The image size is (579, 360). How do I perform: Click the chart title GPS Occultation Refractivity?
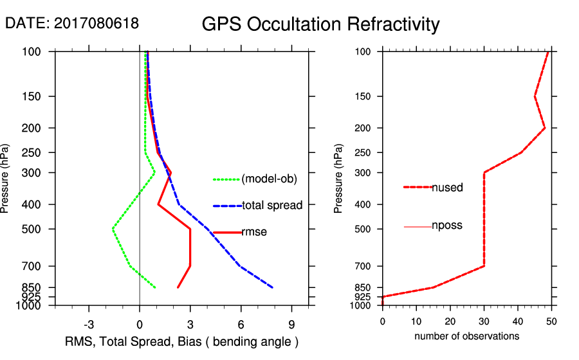point(320,24)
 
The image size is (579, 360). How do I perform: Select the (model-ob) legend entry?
point(269,179)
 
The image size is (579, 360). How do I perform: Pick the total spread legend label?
point(272,206)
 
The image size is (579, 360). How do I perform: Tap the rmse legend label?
point(254,232)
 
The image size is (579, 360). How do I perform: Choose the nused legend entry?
point(447,187)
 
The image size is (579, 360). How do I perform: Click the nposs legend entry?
point(447,226)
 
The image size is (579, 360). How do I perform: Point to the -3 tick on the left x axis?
point(89,323)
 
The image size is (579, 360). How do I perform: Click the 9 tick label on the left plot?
point(291,323)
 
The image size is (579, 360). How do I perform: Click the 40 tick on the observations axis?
point(518,321)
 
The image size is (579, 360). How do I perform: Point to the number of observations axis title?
point(466,336)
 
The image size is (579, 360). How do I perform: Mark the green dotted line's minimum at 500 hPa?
point(113,228)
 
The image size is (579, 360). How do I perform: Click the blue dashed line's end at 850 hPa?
point(273,287)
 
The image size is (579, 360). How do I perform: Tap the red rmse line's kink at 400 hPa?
point(158,204)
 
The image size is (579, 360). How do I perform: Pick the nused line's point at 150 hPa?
point(535,96)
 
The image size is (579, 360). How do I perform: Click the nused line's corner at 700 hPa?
point(484,266)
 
